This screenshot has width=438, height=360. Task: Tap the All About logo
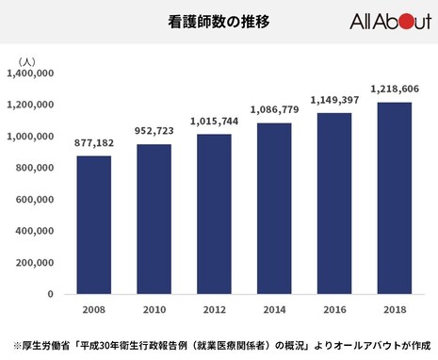[389, 22]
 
